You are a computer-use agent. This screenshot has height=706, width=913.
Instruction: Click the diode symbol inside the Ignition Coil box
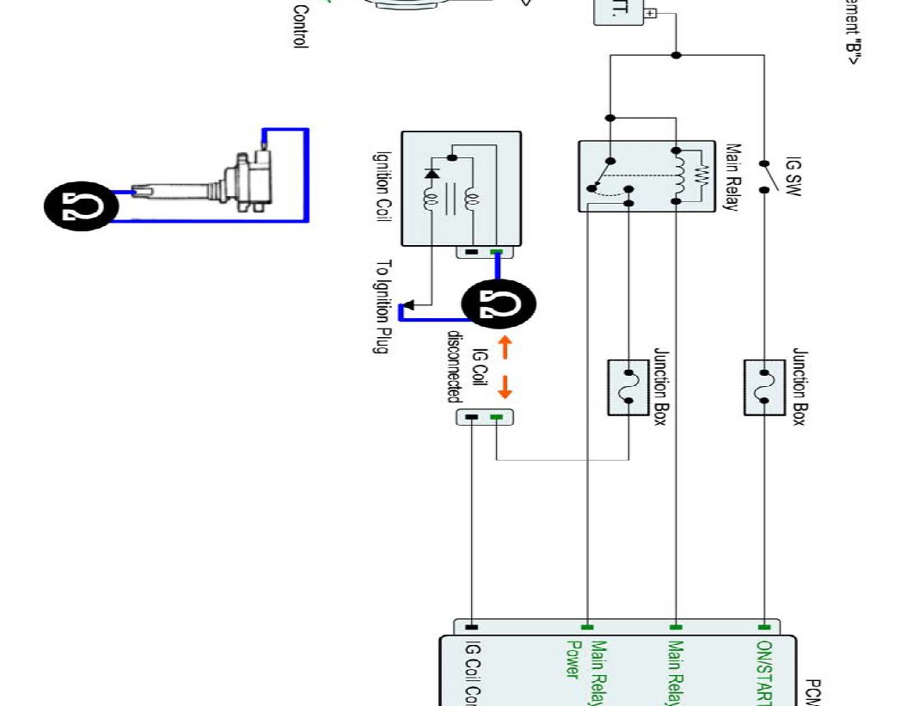[431, 174]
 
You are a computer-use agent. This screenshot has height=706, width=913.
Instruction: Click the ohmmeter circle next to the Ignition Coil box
[499, 304]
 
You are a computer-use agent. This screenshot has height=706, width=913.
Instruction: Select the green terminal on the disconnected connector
[496, 418]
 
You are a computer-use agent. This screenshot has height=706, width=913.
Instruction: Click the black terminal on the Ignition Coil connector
[470, 253]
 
